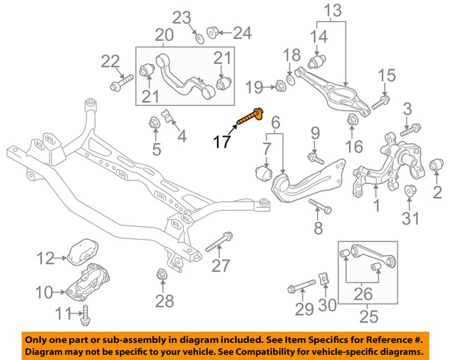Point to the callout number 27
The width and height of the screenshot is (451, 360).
click(x=221, y=266)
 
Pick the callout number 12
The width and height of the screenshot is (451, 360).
click(x=46, y=259)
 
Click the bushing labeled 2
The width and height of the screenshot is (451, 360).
click(x=436, y=164)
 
